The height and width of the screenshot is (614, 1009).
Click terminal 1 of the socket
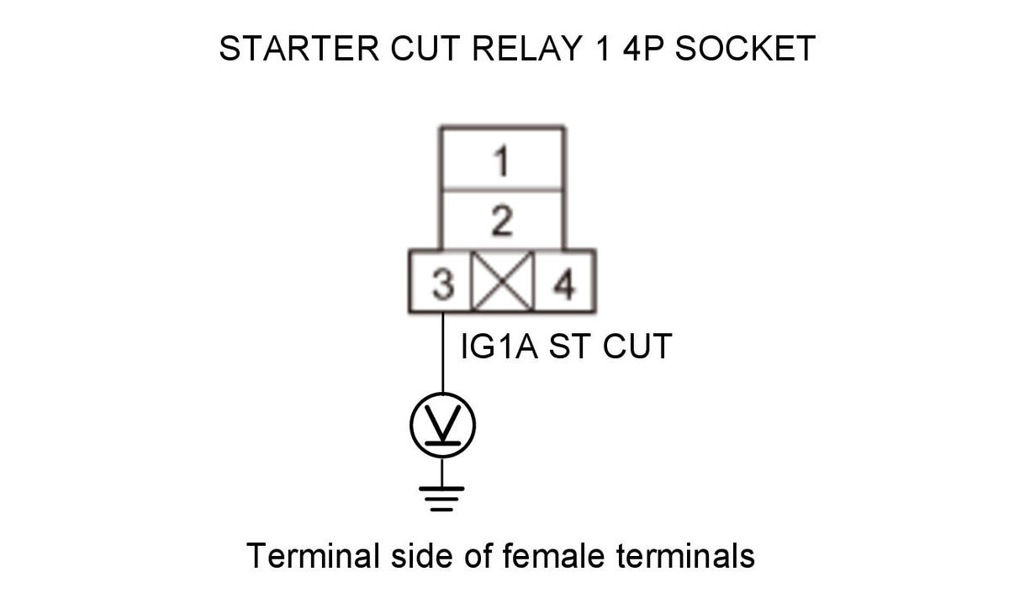[502, 159]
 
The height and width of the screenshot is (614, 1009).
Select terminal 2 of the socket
[502, 220]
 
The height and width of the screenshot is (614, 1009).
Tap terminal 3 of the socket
[441, 282]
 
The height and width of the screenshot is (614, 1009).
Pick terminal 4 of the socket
[564, 282]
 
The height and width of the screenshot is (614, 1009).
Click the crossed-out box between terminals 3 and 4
[502, 282]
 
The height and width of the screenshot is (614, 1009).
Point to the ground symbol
[441, 499]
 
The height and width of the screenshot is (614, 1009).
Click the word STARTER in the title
[298, 48]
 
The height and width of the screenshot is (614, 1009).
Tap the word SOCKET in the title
[745, 48]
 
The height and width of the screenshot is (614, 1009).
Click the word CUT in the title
[425, 48]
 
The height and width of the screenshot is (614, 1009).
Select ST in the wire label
[570, 346]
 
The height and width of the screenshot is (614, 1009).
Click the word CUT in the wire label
[637, 346]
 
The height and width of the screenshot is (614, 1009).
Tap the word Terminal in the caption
[313, 555]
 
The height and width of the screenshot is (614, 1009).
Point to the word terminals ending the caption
[685, 555]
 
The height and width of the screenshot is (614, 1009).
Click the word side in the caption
[421, 555]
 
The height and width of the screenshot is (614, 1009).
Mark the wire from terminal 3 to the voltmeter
[443, 352]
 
